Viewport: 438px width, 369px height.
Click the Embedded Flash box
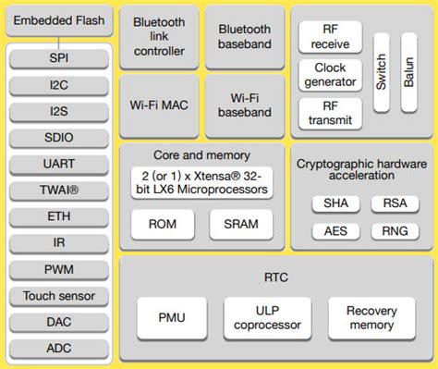click(x=59, y=20)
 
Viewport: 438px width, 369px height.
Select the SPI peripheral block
click(x=59, y=57)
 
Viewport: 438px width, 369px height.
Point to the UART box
click(x=59, y=163)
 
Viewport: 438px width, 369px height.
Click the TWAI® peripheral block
click(x=59, y=190)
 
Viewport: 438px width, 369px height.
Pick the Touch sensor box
click(x=59, y=296)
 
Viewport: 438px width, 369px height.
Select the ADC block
click(x=59, y=349)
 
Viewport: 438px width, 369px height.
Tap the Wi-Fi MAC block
click(x=159, y=105)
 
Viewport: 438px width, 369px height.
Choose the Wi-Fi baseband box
click(x=244, y=105)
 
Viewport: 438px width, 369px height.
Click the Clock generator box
click(x=330, y=75)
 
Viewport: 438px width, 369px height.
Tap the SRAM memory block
click(x=240, y=224)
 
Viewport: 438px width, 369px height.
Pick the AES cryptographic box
click(x=329, y=231)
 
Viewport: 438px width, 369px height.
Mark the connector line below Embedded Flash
click(x=59, y=40)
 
